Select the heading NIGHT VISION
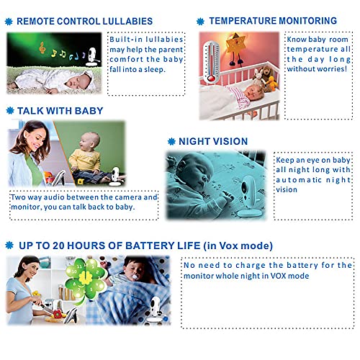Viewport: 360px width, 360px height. point(213,141)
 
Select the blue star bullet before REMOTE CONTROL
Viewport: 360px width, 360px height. point(9,22)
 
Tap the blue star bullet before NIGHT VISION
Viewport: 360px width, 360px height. point(171,141)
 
